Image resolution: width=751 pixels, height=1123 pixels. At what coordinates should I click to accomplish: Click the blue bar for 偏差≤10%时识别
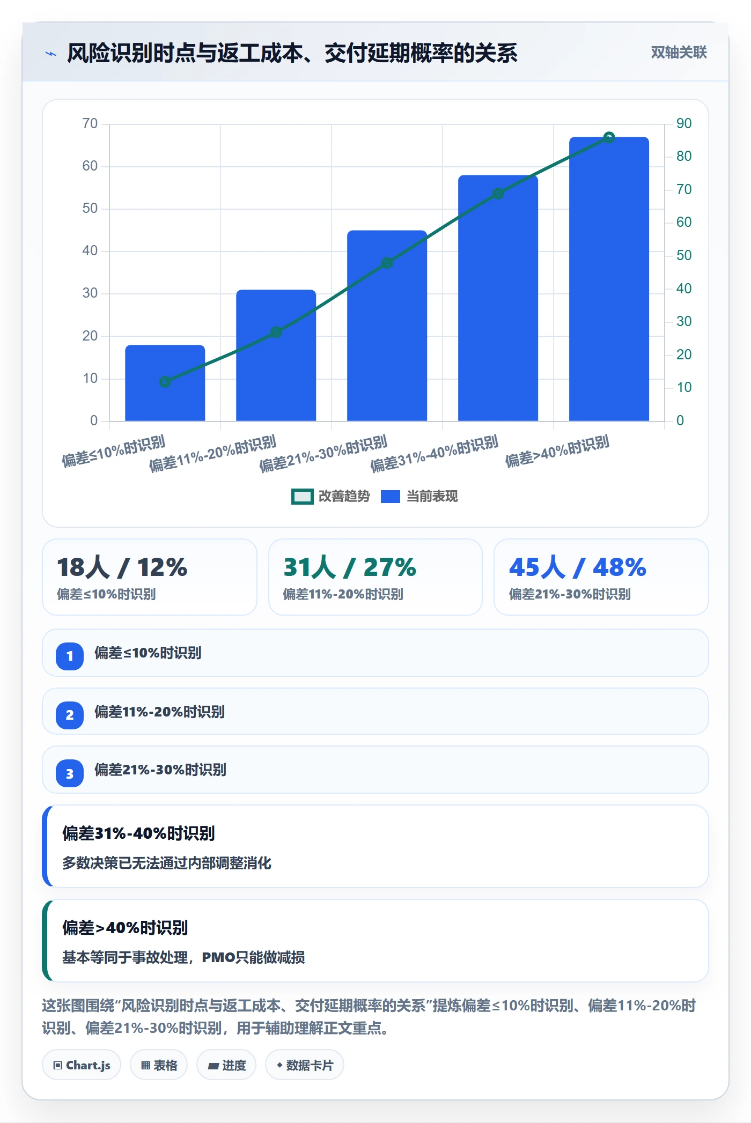(165, 383)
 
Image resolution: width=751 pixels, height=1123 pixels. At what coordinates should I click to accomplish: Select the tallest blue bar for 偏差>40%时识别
(609, 279)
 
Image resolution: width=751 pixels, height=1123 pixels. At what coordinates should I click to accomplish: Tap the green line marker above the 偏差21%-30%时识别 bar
(387, 263)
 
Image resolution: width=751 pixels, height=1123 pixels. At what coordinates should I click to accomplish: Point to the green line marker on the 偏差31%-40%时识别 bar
(498, 194)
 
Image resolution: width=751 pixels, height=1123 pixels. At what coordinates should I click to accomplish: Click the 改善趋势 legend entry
(330, 497)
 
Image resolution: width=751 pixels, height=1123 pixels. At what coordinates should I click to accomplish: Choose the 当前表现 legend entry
(419, 497)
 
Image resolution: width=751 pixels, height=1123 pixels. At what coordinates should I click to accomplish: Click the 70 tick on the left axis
(90, 124)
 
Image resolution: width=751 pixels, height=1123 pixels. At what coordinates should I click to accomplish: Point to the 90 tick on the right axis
(684, 123)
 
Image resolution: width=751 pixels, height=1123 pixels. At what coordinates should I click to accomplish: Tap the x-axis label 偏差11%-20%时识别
(213, 453)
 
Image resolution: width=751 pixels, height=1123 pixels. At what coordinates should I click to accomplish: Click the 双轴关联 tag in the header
(679, 52)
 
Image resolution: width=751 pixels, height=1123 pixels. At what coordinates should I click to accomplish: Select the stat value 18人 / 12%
(122, 567)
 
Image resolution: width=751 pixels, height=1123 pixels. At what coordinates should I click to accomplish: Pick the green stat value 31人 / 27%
(350, 567)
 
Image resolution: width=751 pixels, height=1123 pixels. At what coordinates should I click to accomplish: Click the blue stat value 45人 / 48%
(578, 567)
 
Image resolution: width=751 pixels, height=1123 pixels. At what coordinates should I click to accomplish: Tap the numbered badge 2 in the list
(70, 715)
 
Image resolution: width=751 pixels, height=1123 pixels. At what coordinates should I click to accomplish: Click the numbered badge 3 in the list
(70, 773)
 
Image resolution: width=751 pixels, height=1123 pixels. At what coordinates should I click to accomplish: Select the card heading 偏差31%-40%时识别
(138, 833)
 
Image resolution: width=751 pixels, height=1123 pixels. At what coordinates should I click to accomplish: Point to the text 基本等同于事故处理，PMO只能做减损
(183, 957)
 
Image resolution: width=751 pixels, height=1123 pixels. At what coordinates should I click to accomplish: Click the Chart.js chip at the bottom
(82, 1065)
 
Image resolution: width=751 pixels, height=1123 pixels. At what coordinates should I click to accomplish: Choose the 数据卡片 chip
(304, 1065)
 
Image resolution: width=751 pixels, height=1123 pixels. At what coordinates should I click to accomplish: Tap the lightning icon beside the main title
(51, 54)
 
